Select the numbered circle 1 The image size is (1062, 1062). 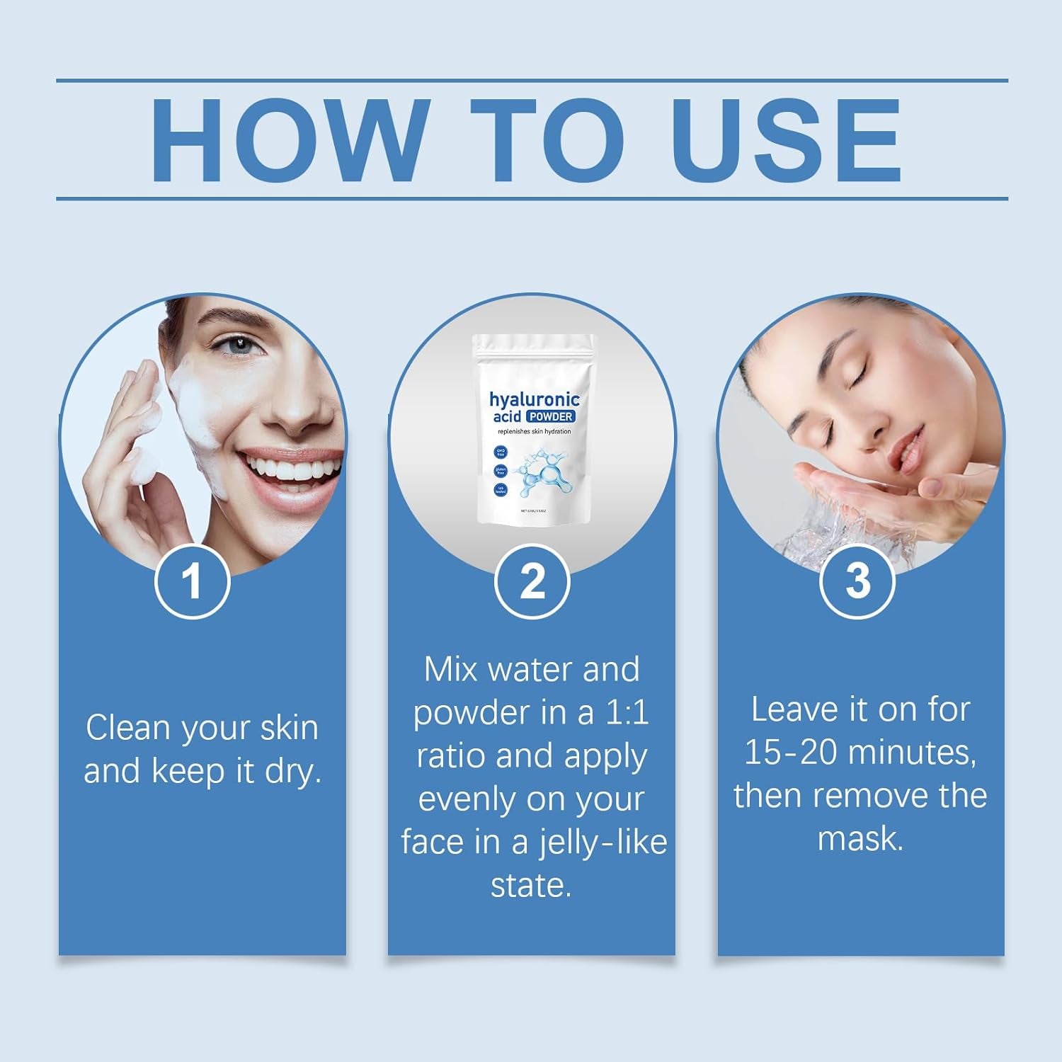pos(192,581)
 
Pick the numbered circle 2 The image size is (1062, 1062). pos(532,581)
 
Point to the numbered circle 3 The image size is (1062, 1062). pos(857,581)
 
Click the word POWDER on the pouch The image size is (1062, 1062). pos(549,416)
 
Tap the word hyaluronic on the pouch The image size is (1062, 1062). pos(535,399)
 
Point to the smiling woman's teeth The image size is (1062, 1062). pos(273,467)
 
